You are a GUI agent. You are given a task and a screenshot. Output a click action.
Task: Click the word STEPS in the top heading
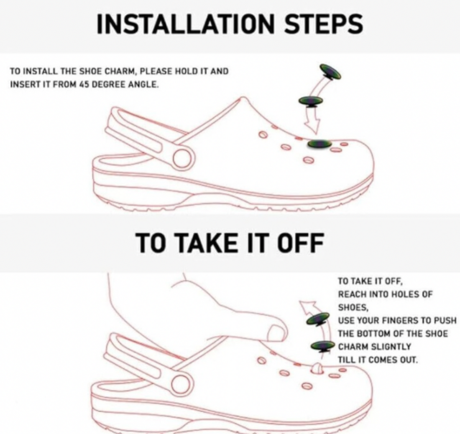point(324,23)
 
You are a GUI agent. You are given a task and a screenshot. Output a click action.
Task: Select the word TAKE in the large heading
point(214,243)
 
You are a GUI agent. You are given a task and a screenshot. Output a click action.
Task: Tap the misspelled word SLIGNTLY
point(391,346)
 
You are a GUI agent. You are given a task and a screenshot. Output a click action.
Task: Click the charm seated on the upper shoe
point(319,144)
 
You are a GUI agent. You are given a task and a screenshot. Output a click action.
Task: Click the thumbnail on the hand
point(277,334)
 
